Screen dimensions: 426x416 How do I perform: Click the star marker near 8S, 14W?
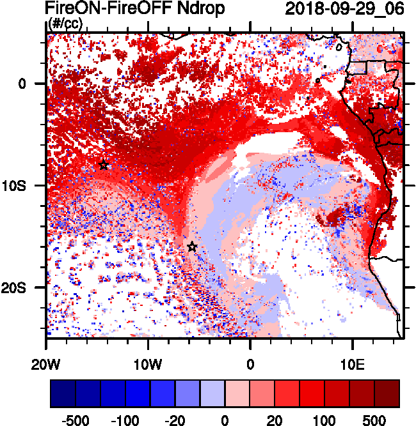pyautogui.click(x=104, y=165)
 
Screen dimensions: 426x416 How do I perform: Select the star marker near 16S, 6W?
pyautogui.click(x=192, y=247)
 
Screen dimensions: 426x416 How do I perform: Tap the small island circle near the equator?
pyautogui.click(x=317, y=80)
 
